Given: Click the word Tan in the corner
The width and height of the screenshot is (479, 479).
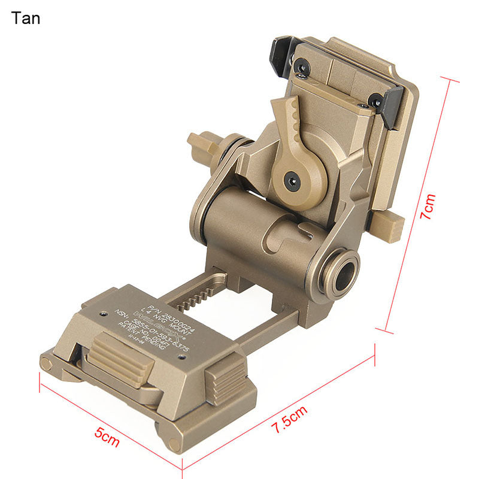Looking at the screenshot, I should [x=26, y=18].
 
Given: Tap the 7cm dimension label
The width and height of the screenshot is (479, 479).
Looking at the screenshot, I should [x=429, y=207].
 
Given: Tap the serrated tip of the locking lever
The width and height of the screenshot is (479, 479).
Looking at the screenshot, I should [x=281, y=111].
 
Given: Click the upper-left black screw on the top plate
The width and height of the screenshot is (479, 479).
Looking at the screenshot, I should [x=302, y=68].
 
